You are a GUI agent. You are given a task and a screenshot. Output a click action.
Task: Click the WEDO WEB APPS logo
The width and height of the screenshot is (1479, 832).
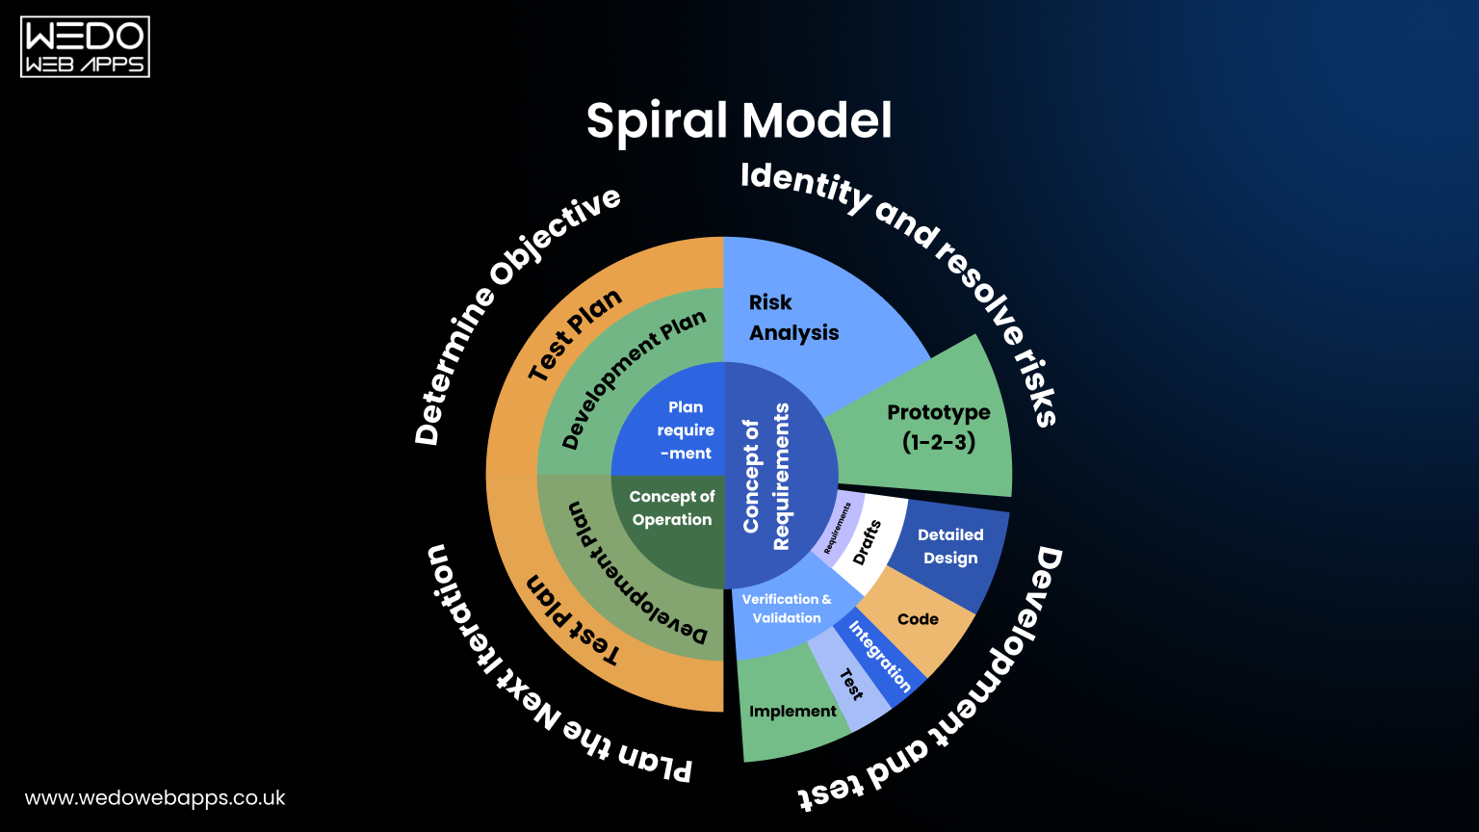85,47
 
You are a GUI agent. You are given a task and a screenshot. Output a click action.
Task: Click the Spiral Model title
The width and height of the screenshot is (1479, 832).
739,121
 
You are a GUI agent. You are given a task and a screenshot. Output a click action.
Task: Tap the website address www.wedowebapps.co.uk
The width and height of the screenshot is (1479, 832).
155,798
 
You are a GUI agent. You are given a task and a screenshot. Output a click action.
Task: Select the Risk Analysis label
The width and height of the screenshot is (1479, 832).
793,318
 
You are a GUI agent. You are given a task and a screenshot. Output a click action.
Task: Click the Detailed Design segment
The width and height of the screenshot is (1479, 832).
949,547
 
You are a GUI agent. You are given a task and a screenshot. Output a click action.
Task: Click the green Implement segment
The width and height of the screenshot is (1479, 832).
791,712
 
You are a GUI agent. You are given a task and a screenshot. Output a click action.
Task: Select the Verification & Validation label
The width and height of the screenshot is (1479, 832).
786,609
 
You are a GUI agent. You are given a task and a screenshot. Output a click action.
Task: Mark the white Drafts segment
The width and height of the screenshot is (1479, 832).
868,542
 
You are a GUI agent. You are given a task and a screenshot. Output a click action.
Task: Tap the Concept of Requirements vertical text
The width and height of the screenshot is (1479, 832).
766,477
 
